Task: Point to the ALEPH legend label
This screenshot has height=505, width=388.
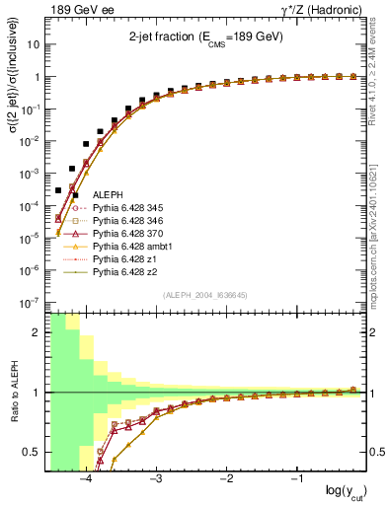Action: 107,197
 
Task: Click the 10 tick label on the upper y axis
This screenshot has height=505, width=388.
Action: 33,45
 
